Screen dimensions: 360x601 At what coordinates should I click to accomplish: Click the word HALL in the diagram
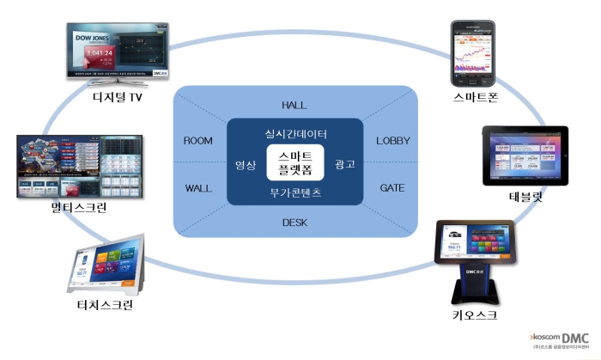[294, 105]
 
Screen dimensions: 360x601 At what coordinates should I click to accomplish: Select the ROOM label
[198, 140]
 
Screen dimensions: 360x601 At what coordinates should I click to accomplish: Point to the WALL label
[199, 187]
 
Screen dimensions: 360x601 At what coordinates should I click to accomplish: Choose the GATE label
[394, 187]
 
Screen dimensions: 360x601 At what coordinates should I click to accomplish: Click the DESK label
[295, 222]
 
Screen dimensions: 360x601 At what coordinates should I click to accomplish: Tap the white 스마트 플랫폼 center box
[294, 163]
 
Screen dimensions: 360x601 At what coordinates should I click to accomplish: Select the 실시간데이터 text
[294, 135]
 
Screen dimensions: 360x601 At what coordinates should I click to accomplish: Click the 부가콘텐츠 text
[294, 193]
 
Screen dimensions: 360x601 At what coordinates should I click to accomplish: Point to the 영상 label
[246, 164]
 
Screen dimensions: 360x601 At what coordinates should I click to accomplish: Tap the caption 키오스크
[475, 314]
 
